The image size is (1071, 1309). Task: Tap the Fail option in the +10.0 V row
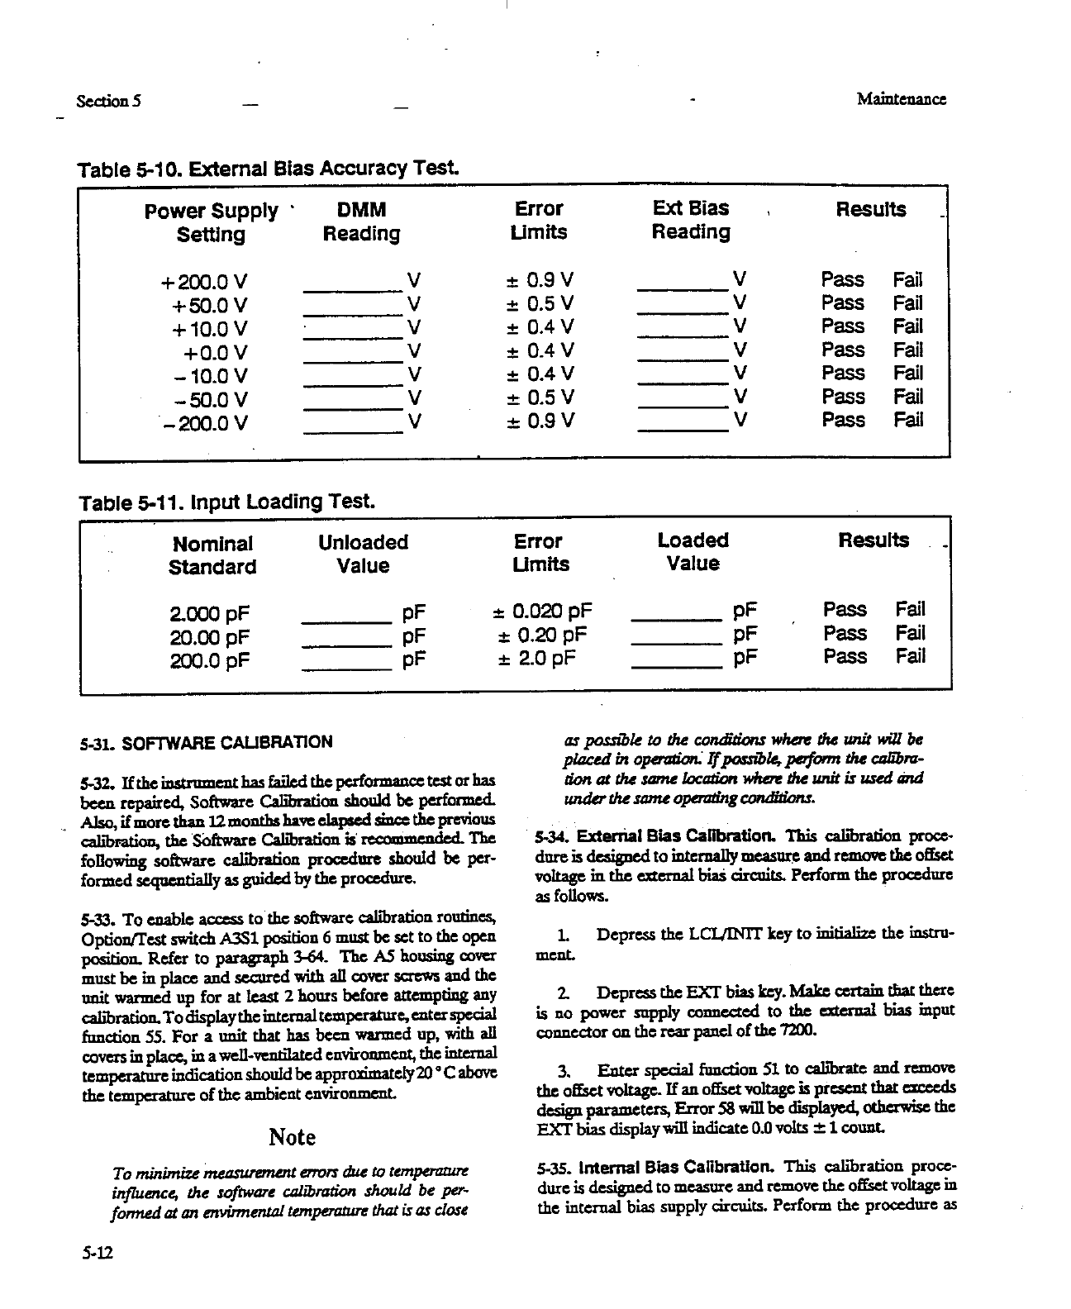coord(907,326)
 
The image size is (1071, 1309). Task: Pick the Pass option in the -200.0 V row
coord(843,420)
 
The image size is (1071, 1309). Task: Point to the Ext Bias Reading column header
coord(691,220)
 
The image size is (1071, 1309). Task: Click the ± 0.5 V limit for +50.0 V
coord(540,303)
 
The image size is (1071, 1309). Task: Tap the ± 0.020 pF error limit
coord(542,612)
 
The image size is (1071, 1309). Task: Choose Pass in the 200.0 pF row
coord(845,657)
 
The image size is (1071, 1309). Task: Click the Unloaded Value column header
coord(363,554)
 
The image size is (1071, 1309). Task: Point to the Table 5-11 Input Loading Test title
coord(226,502)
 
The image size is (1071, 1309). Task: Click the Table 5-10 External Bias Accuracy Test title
coord(269,170)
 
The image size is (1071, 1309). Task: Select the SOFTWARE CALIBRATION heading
coord(226,742)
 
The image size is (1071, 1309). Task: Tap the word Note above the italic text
coord(293,1137)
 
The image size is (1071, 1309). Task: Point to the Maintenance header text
coord(901,100)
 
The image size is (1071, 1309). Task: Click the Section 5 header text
coord(108,101)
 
